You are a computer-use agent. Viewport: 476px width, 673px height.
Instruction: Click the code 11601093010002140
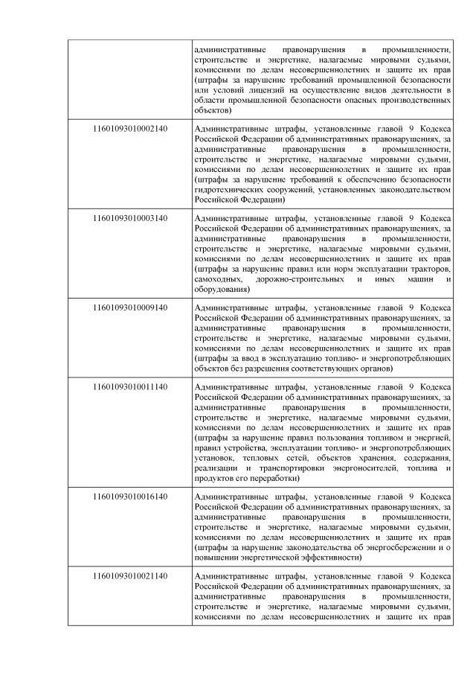click(x=130, y=129)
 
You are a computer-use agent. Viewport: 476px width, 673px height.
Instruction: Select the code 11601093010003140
click(x=130, y=217)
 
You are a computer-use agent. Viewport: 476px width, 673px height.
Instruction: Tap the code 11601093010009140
click(x=130, y=306)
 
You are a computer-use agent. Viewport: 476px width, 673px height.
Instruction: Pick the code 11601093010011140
click(x=130, y=386)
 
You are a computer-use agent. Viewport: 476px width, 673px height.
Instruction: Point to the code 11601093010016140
click(x=130, y=494)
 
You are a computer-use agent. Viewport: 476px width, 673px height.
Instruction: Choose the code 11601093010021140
click(x=130, y=575)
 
